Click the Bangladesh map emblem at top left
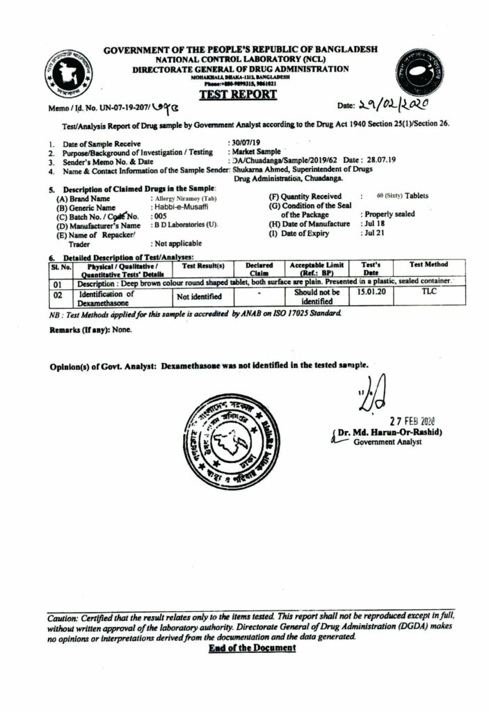[x=72, y=72]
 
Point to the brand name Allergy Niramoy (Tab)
[x=183, y=198]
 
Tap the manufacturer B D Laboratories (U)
[x=184, y=225]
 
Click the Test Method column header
[x=428, y=265]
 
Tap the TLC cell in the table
[x=428, y=293]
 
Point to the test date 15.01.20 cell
[x=371, y=293]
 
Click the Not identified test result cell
[x=199, y=297]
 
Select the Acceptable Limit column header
[x=316, y=269]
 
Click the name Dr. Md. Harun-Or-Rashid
[x=391, y=432]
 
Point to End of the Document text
[x=252, y=648]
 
